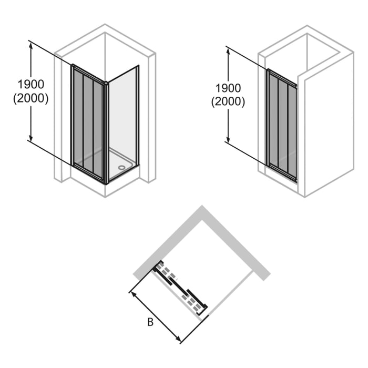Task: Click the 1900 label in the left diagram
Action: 30,84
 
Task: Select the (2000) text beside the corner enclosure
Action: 30,98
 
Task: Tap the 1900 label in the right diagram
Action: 228,88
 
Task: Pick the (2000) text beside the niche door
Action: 228,102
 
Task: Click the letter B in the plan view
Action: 150,322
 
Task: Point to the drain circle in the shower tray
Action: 123,169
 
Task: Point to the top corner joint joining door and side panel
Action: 106,83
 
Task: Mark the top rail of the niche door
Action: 282,77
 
